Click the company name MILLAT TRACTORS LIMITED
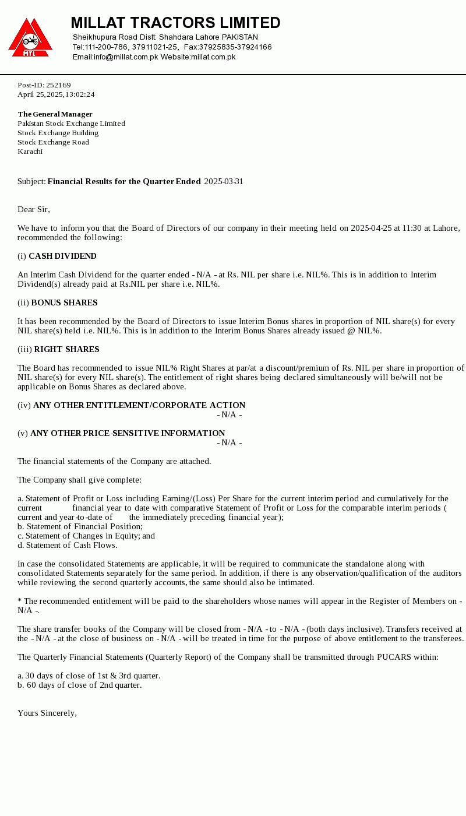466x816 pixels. (x=175, y=23)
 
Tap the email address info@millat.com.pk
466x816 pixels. (x=126, y=57)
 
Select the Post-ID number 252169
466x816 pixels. (x=58, y=85)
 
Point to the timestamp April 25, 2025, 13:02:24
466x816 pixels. (x=56, y=94)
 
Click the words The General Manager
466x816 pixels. (x=55, y=114)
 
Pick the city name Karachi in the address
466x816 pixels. (x=30, y=152)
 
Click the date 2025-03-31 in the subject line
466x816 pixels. (x=224, y=181)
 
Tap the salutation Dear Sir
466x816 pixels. (x=33, y=209)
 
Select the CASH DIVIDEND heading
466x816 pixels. (x=62, y=256)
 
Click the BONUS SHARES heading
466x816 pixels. (x=64, y=303)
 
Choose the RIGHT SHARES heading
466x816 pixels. (x=66, y=349)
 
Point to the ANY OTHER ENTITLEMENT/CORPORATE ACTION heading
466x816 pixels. (x=139, y=405)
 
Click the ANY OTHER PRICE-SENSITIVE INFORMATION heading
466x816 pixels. (x=128, y=433)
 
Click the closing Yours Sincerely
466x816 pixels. (x=47, y=713)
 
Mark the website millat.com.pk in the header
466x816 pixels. (x=213, y=57)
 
